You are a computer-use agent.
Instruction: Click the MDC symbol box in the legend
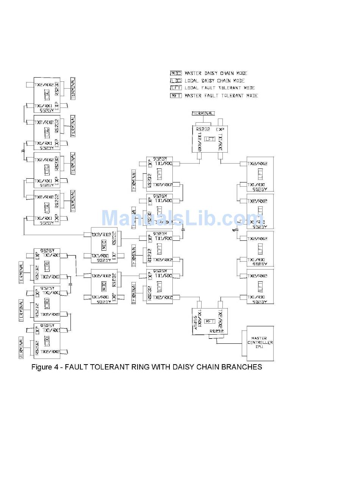(176, 73)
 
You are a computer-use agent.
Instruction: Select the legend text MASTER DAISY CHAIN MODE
(216, 73)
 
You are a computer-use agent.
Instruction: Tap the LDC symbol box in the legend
(176, 81)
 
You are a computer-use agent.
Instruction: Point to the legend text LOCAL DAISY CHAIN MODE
(214, 81)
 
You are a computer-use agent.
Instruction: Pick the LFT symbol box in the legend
(176, 88)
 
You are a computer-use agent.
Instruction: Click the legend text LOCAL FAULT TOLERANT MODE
(219, 88)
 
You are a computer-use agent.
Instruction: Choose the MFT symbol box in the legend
(176, 95)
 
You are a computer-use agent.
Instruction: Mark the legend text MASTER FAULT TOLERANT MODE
(221, 95)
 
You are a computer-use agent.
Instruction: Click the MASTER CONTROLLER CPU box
(260, 343)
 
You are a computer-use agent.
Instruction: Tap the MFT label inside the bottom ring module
(210, 321)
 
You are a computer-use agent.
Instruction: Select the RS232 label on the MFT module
(217, 331)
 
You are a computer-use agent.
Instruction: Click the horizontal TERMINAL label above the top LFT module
(203, 113)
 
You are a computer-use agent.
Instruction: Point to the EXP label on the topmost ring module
(220, 129)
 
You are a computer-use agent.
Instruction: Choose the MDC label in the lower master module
(103, 285)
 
